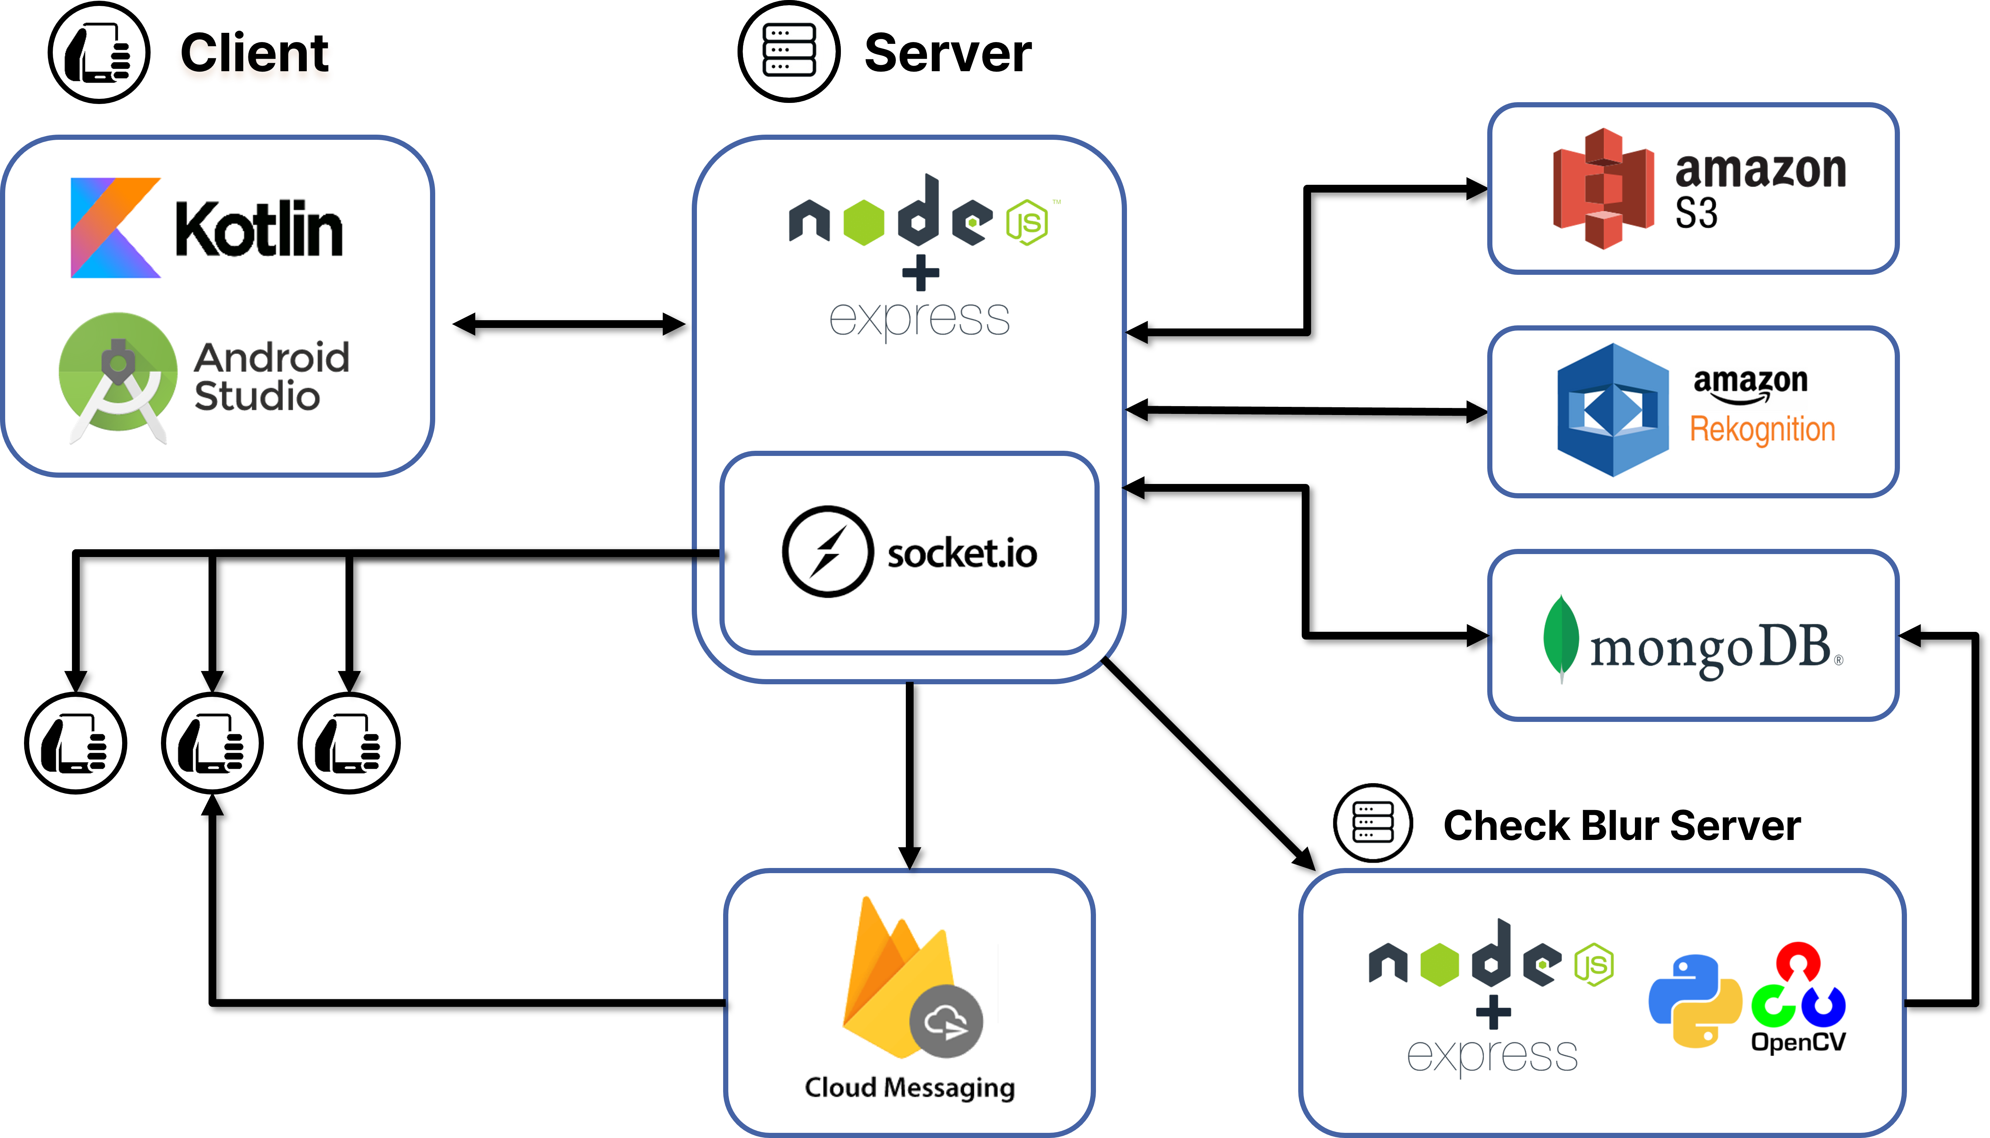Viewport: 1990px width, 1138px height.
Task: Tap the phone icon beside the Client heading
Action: click(x=99, y=52)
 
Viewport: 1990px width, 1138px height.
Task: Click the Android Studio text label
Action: click(x=271, y=377)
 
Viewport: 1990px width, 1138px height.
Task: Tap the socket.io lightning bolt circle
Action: click(x=827, y=552)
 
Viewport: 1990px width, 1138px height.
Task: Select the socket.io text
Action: click(x=962, y=553)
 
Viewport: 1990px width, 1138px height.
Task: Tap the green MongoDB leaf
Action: click(x=1561, y=637)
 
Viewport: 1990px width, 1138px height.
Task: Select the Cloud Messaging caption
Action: click(x=910, y=1087)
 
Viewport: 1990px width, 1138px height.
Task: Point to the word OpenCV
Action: click(x=1798, y=1042)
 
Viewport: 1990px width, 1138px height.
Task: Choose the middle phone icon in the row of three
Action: click(x=212, y=743)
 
